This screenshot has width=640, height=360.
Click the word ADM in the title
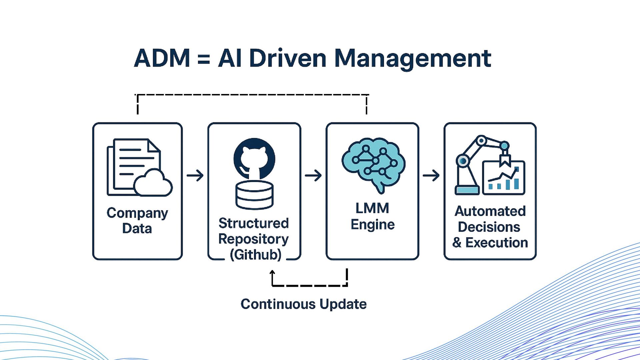[162, 58]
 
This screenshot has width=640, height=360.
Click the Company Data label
[137, 221]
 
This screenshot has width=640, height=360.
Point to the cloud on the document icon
[153, 183]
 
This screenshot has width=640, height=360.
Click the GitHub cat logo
[254, 159]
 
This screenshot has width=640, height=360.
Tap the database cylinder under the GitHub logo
[254, 195]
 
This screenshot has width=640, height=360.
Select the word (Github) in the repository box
[256, 255]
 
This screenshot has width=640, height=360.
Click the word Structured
[254, 223]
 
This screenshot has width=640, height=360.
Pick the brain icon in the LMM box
[373, 163]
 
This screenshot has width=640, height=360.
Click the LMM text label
[372, 208]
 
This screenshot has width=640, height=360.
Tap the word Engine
[373, 225]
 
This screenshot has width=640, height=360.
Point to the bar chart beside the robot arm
[504, 178]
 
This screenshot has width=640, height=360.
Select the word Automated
[490, 211]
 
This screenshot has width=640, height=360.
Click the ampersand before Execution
[457, 243]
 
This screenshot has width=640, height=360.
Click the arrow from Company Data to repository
[195, 175]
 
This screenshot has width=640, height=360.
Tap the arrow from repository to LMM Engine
[313, 175]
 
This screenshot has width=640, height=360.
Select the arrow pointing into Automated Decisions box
[431, 175]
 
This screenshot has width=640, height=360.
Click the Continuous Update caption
[304, 304]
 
